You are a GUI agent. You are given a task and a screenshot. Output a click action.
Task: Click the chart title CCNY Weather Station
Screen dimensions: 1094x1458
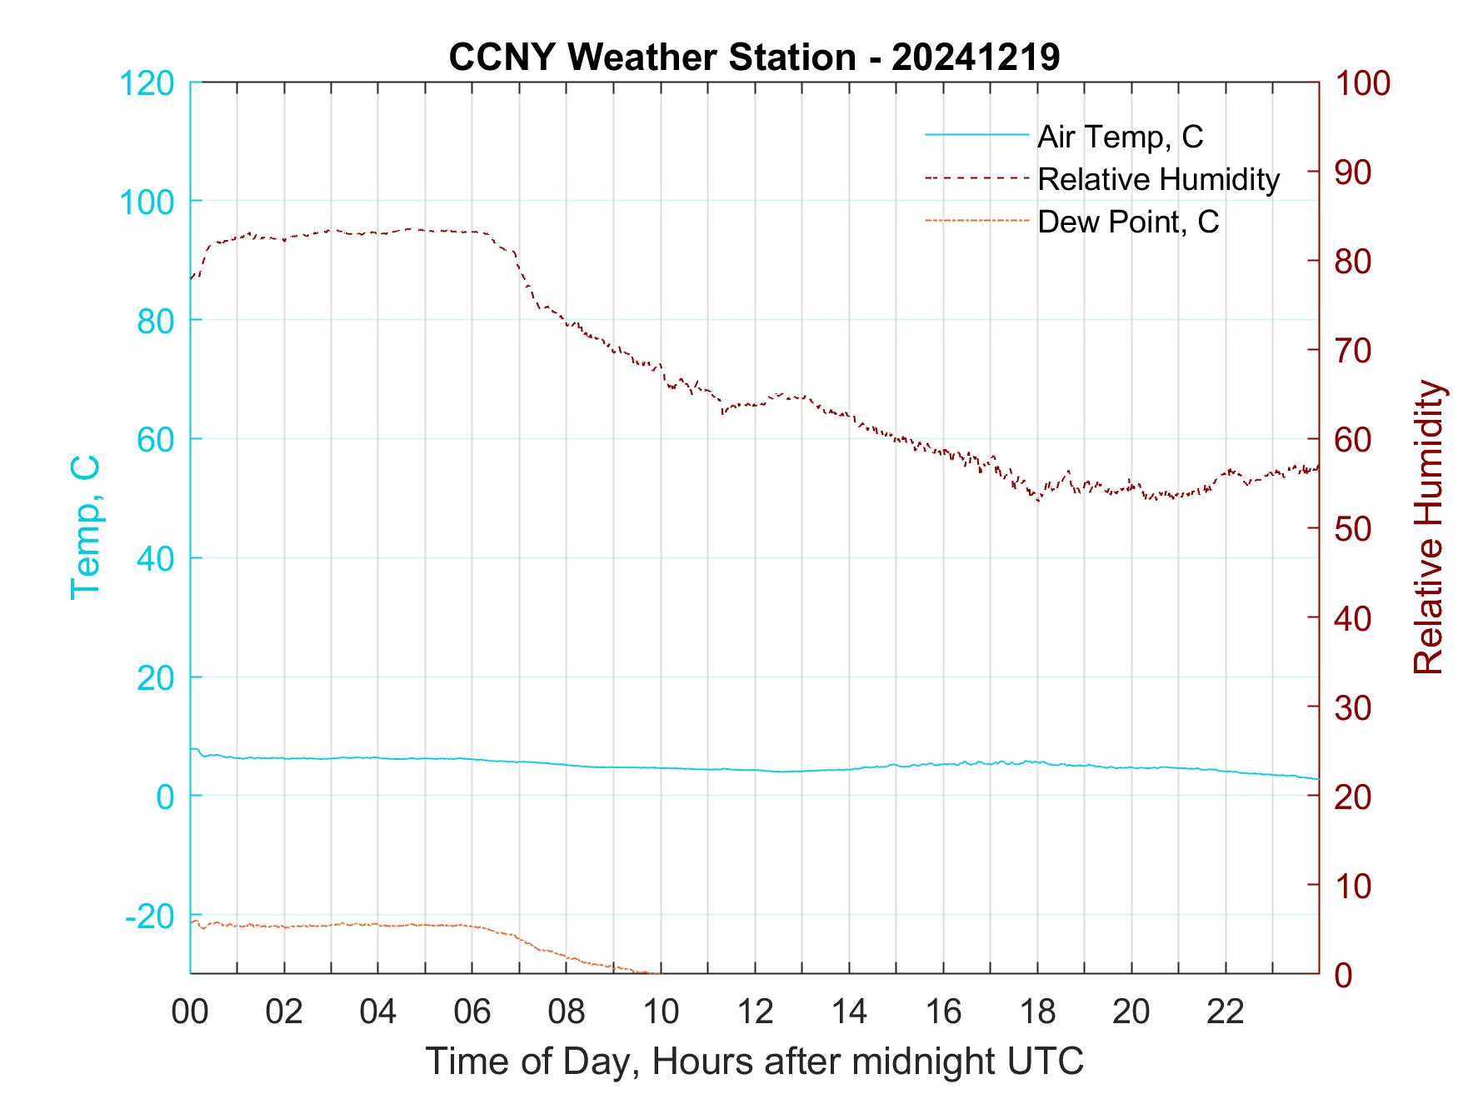coord(754,57)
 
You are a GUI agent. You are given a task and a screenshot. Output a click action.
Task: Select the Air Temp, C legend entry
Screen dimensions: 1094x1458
coord(1120,136)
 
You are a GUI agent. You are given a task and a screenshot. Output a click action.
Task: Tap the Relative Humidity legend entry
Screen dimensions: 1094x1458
coord(1158,179)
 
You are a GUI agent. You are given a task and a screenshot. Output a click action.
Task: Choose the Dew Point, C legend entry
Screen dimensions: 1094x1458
coord(1128,222)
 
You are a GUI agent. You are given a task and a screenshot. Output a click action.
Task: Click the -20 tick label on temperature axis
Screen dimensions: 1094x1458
coord(150,916)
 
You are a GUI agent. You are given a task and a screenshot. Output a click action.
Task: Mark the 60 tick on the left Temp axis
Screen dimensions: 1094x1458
coord(155,439)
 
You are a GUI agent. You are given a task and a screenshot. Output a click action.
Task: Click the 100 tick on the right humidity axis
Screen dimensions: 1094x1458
coord(1362,83)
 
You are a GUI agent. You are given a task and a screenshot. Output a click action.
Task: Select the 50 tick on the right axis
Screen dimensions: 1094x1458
coord(1354,528)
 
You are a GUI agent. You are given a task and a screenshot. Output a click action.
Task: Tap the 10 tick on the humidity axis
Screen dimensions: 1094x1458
coord(1354,885)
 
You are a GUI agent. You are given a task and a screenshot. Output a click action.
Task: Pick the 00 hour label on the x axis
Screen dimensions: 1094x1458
coord(190,1012)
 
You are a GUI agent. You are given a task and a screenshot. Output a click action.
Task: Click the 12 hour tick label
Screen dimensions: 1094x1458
coord(755,1012)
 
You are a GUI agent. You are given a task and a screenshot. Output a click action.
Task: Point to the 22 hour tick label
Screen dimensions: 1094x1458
coord(1226,1012)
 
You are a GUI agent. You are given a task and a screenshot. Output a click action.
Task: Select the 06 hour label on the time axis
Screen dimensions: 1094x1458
coord(472,1012)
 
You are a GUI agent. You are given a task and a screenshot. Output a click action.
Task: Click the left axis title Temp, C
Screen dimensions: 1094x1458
coord(85,527)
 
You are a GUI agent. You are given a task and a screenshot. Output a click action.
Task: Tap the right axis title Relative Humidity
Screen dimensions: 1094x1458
coord(1428,527)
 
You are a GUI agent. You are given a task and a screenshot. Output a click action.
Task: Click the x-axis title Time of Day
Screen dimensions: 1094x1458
coord(755,1062)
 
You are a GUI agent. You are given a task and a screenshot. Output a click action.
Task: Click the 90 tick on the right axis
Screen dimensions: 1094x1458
coord(1354,172)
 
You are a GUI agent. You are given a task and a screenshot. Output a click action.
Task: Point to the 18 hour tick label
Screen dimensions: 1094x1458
coord(1037,1012)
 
